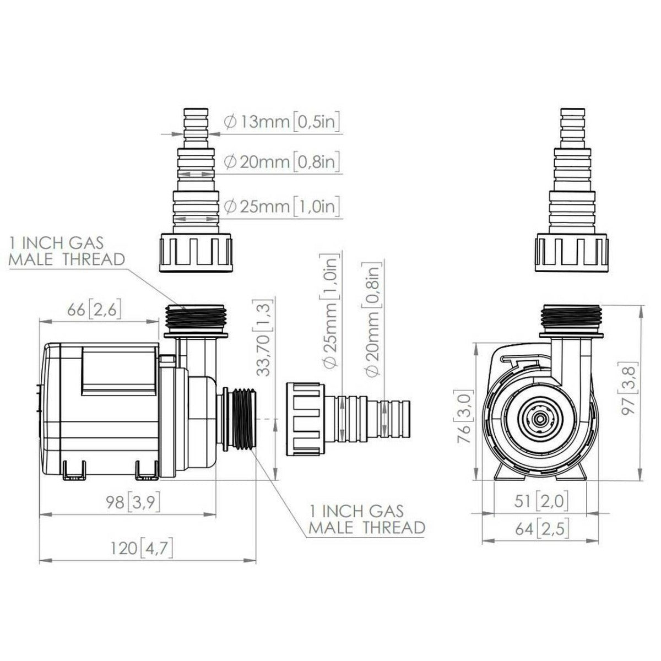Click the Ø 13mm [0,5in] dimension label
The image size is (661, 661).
(281, 121)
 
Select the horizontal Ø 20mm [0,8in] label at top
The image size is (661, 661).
(281, 162)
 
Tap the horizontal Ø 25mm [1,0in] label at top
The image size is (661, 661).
(281, 207)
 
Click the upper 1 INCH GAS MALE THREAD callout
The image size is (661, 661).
(67, 251)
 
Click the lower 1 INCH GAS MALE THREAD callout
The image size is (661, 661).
(366, 519)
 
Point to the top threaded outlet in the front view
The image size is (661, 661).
(571, 318)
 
